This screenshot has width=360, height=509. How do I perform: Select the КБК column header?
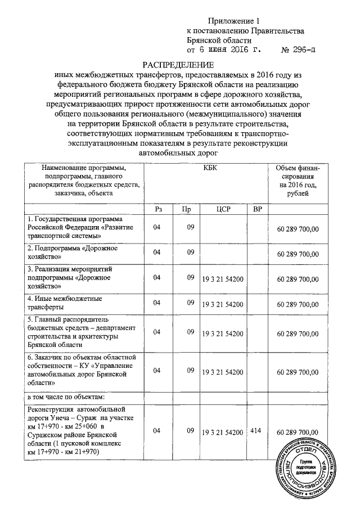208,168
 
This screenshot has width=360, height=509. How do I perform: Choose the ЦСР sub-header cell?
223,209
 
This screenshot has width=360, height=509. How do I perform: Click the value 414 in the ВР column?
258,430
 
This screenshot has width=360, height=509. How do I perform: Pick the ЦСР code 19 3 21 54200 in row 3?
223,278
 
